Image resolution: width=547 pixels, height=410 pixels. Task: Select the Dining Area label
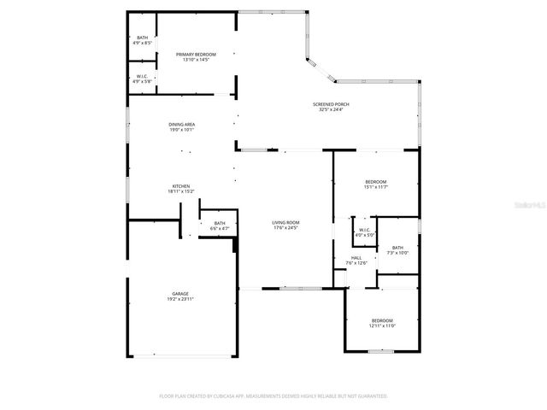click(181, 125)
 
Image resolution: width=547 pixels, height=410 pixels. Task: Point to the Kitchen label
click(180, 186)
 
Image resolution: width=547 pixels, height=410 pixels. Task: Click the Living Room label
click(285, 222)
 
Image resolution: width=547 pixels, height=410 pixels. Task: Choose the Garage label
click(180, 294)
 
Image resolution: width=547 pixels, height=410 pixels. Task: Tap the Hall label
click(356, 257)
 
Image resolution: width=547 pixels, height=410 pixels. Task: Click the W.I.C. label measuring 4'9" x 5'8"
click(142, 77)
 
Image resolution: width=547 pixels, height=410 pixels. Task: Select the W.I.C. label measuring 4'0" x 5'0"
click(363, 230)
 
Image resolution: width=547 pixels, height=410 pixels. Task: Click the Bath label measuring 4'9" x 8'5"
click(142, 38)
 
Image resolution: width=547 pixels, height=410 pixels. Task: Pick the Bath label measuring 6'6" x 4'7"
click(220, 224)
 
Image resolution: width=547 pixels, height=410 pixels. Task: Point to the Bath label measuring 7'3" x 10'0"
click(398, 248)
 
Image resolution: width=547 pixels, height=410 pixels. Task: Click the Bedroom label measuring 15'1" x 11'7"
click(376, 182)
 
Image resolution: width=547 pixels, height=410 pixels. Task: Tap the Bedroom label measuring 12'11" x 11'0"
click(382, 320)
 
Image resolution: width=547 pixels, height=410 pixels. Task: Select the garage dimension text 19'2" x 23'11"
click(180, 300)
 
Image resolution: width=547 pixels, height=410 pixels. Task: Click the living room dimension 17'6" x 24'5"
click(285, 228)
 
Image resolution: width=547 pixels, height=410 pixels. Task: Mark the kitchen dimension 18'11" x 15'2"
click(180, 192)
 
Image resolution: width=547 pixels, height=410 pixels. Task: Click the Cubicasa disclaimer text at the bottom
click(273, 396)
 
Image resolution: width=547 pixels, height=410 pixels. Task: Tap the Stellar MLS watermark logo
click(531, 206)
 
